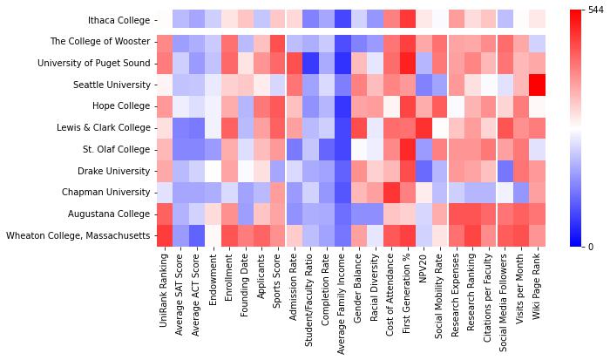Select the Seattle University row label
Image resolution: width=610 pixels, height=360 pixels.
point(110,85)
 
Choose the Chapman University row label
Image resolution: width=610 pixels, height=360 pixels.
point(106,192)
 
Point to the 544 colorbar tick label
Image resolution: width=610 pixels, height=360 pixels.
point(595,10)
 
